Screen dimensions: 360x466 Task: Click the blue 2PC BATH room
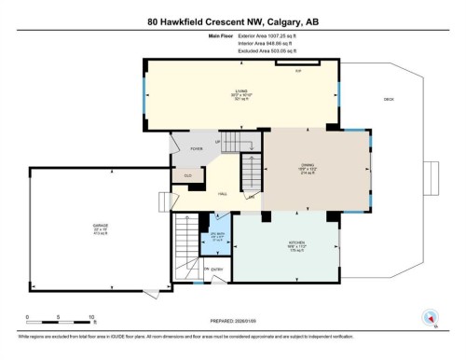[217, 236]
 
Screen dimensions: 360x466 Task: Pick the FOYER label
[197, 148]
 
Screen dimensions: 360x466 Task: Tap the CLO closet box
[187, 174]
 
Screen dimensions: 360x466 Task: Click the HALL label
[223, 193]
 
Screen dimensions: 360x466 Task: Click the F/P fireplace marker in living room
[298, 71]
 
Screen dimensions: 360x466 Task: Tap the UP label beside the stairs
[218, 142]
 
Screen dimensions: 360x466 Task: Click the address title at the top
[232, 21]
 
